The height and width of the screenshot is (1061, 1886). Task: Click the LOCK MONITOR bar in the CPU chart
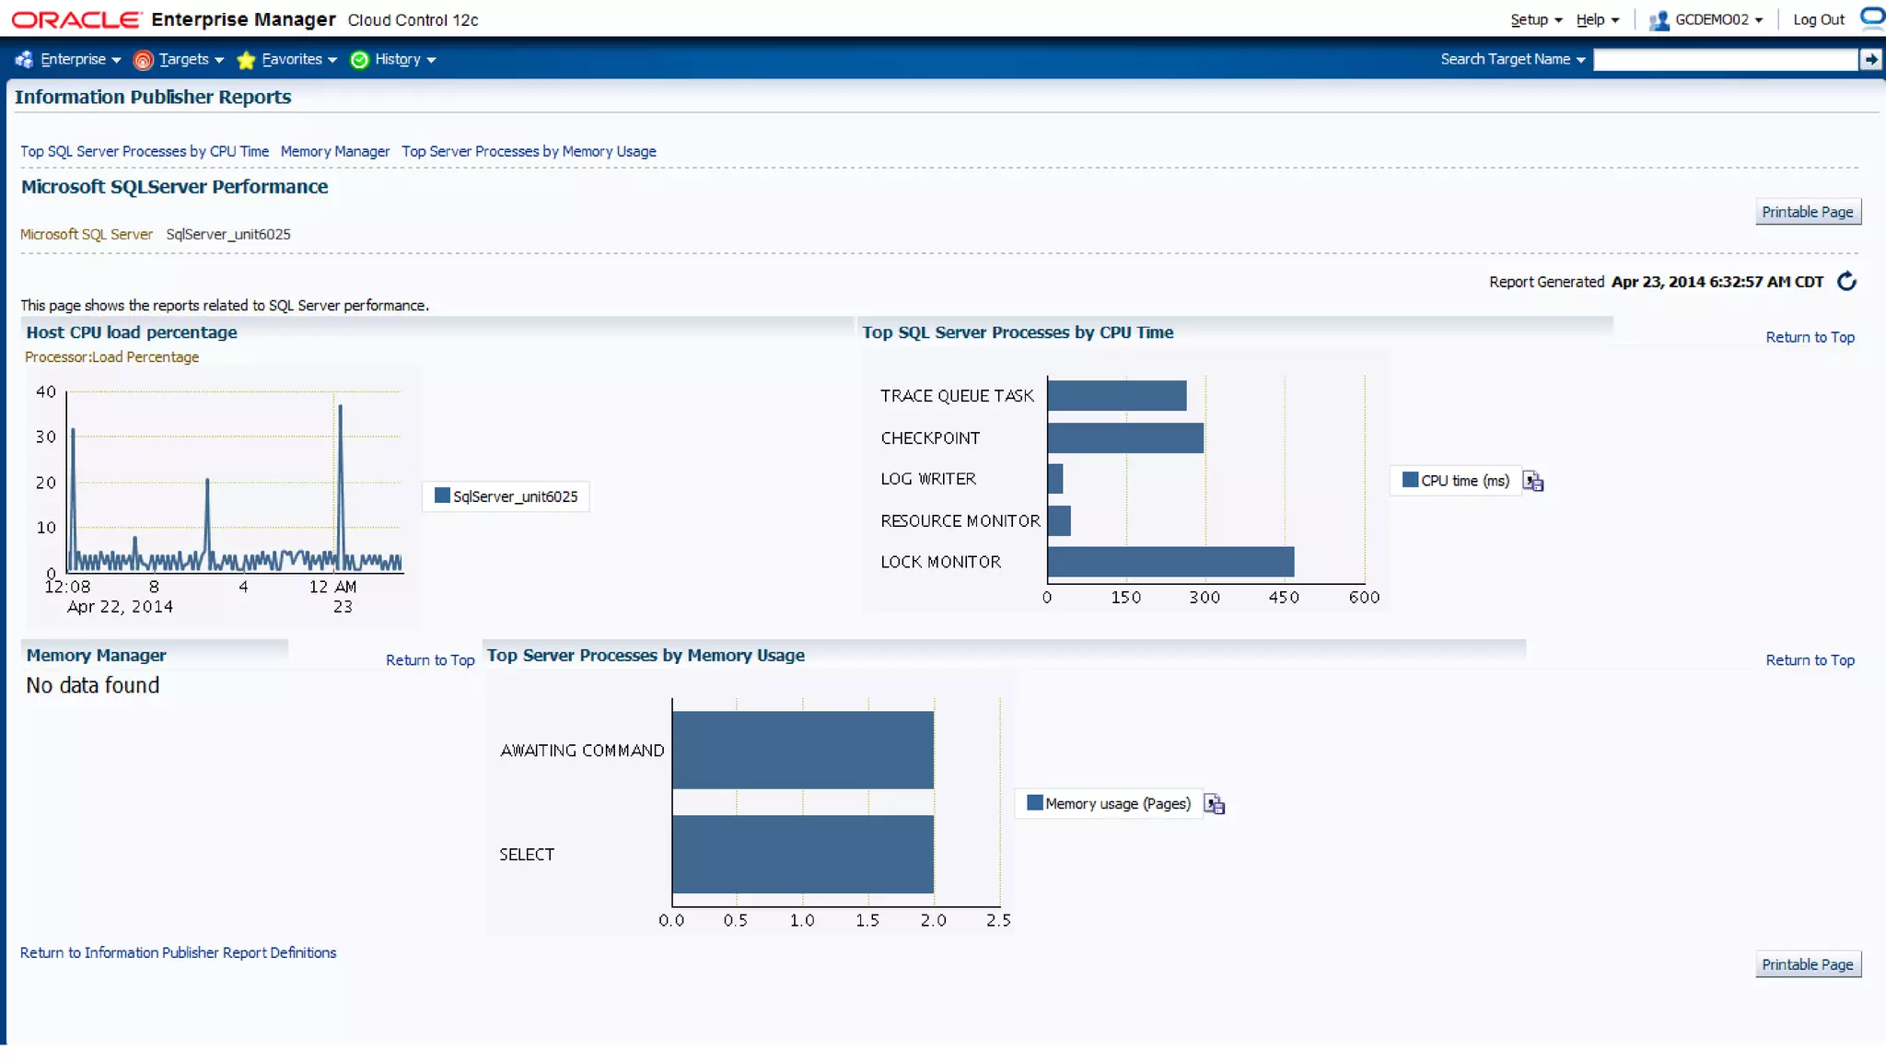[1170, 562]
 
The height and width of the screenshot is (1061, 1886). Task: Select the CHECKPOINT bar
[1124, 438]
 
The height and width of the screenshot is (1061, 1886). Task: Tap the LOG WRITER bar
[1055, 479]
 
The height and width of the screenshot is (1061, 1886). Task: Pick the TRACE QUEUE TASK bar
[1116, 396]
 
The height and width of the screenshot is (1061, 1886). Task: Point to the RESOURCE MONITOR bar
[1059, 521]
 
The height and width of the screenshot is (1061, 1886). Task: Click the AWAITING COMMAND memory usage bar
[802, 750]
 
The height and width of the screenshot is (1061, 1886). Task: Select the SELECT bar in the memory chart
[802, 854]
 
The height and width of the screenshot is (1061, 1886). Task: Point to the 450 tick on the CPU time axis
[1284, 598]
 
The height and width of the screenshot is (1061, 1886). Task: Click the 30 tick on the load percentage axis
[46, 437]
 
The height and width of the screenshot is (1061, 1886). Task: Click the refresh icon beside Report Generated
[1846, 282]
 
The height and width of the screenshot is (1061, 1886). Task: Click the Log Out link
[1818, 20]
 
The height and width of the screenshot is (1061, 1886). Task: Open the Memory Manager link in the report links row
[335, 152]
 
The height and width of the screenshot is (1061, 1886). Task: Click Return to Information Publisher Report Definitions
[178, 953]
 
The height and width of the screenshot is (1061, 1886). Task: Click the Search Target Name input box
[1725, 60]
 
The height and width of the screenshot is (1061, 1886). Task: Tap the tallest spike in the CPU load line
[340, 406]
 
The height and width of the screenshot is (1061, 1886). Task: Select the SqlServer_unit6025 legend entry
[506, 496]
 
